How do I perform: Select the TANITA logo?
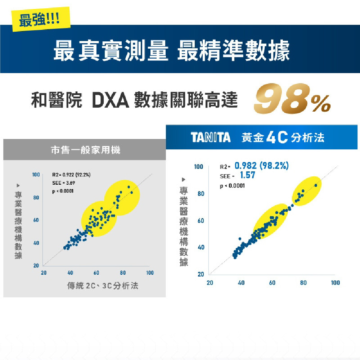coord(211,138)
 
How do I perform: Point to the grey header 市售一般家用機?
coord(85,150)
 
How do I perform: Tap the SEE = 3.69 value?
coord(63,183)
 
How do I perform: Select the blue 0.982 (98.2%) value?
coord(262,166)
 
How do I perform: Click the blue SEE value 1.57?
coord(247,176)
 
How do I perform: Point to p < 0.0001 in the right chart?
coord(232,186)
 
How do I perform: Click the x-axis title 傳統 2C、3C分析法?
coord(103,286)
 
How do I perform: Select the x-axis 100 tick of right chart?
coord(335,283)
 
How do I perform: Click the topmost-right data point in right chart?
coord(316,185)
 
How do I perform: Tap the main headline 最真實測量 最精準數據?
coord(171,51)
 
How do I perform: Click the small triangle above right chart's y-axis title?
coord(184,179)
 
